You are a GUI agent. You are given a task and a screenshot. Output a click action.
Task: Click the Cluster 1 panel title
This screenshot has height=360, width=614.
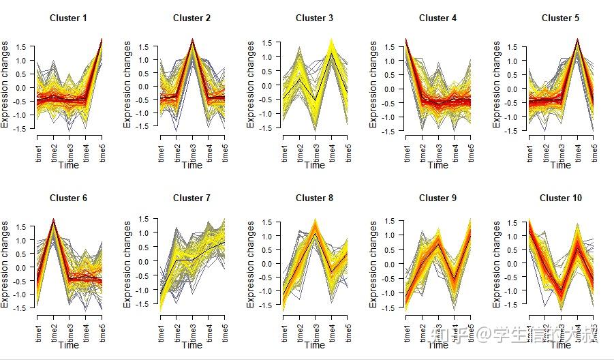(68, 18)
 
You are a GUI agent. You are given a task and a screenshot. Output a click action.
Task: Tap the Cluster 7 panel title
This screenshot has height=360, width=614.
(191, 198)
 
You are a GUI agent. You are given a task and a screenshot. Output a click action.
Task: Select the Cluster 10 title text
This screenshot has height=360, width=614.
(560, 198)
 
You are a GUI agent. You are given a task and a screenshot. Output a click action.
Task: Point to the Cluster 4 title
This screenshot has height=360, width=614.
(438, 18)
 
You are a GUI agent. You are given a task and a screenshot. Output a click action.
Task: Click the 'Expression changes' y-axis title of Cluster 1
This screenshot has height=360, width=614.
(5, 85)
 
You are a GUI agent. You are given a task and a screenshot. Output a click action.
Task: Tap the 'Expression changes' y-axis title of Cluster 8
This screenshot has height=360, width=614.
(251, 264)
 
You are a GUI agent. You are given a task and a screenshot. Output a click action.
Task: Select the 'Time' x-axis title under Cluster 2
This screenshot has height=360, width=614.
(191, 165)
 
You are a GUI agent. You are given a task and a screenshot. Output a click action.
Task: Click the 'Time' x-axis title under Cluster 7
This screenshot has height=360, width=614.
(191, 344)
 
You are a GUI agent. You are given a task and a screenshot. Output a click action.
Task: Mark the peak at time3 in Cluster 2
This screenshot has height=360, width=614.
(192, 40)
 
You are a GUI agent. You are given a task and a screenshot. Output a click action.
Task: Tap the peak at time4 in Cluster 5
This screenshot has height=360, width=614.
(577, 41)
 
